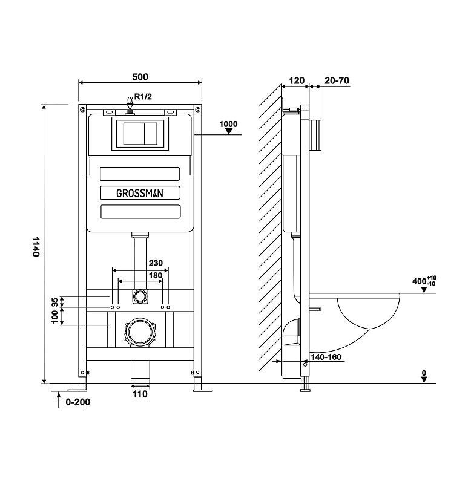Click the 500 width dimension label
140,77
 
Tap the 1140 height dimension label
36,247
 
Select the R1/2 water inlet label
143,97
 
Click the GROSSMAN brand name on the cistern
140,194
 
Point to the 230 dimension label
156,263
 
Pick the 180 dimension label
156,275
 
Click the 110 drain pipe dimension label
140,394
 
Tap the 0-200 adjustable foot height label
78,402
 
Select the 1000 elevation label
228,124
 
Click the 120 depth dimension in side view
297,80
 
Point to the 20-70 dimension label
337,80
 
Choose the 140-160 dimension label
326,357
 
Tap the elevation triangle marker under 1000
229,131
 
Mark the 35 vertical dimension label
54,302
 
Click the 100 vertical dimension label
54,317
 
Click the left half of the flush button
134,134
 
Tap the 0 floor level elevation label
424,373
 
